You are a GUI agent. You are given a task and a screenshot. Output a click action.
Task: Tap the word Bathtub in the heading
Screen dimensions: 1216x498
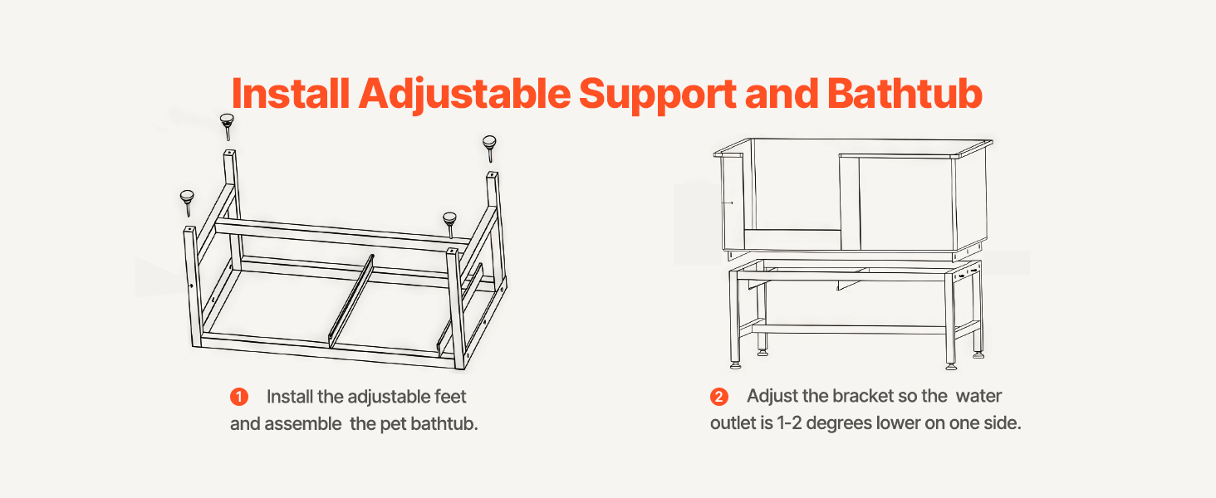(x=905, y=93)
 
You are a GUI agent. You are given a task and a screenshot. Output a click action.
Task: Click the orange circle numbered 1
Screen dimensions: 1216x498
(x=239, y=397)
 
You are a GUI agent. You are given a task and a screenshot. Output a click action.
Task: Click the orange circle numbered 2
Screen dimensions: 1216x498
(x=719, y=397)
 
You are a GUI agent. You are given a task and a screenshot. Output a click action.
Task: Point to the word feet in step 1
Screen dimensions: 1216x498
(x=450, y=397)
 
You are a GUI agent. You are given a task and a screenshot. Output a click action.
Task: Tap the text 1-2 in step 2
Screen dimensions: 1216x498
(x=789, y=423)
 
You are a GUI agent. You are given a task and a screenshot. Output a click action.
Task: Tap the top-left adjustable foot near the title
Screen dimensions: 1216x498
(x=227, y=126)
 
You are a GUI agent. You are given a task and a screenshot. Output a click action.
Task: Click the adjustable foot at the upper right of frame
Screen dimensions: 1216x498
(x=489, y=148)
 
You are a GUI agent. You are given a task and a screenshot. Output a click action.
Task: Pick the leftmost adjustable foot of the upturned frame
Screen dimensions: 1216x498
(x=187, y=203)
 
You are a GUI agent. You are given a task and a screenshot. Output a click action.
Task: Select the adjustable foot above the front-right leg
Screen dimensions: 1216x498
(x=449, y=224)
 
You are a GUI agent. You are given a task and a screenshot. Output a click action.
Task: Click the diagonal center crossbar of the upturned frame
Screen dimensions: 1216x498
(x=351, y=301)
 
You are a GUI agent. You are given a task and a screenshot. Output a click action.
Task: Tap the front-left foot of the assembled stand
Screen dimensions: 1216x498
(x=736, y=364)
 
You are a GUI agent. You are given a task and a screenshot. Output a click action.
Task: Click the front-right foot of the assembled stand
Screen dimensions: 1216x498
(x=951, y=365)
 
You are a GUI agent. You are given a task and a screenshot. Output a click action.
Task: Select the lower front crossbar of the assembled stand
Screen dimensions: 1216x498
(x=849, y=330)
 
